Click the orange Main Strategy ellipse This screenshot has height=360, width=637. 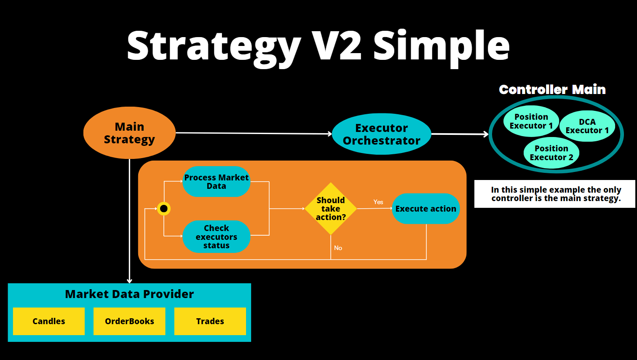pyautogui.click(x=129, y=133)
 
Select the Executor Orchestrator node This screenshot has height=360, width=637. pyautogui.click(x=381, y=134)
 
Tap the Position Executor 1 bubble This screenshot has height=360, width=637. pyautogui.click(x=531, y=121)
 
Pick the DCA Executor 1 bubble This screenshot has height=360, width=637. pyautogui.click(x=587, y=126)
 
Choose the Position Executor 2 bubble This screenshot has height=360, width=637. pyautogui.click(x=551, y=153)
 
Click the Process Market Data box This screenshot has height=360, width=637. pyautogui.click(x=217, y=182)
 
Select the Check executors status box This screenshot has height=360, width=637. pyautogui.click(x=217, y=236)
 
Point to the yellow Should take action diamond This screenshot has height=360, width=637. pyautogui.click(x=331, y=209)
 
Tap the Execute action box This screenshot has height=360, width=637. pyautogui.click(x=426, y=209)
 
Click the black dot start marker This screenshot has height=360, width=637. pyautogui.click(x=164, y=209)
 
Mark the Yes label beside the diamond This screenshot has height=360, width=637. pyautogui.click(x=378, y=202)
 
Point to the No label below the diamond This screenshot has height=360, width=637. pyautogui.click(x=338, y=248)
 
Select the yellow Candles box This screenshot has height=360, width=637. pyautogui.click(x=49, y=321)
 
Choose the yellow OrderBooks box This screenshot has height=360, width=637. pyautogui.click(x=129, y=321)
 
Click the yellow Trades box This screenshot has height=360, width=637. pyautogui.click(x=210, y=321)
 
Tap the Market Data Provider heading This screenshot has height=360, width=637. pyautogui.click(x=129, y=294)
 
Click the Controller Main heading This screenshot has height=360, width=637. pyautogui.click(x=552, y=89)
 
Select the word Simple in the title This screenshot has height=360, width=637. pyautogui.click(x=441, y=46)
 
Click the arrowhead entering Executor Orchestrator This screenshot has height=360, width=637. pyautogui.click(x=330, y=134)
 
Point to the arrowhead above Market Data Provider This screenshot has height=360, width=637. pyautogui.click(x=129, y=281)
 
